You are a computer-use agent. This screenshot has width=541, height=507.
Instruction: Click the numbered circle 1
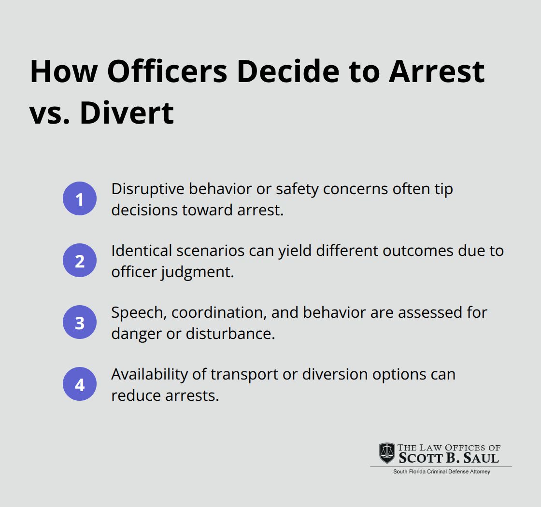tap(80, 198)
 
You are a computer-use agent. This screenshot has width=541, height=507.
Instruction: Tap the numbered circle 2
tap(80, 260)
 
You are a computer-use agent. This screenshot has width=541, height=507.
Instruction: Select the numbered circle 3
tap(80, 323)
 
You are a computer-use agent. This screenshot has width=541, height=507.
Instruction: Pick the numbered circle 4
tap(80, 385)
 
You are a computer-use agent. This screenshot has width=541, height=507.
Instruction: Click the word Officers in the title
tap(166, 71)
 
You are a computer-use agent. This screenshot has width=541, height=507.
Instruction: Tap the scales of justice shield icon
tap(386, 452)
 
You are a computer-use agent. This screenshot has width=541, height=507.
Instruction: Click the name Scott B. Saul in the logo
tap(449, 458)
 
